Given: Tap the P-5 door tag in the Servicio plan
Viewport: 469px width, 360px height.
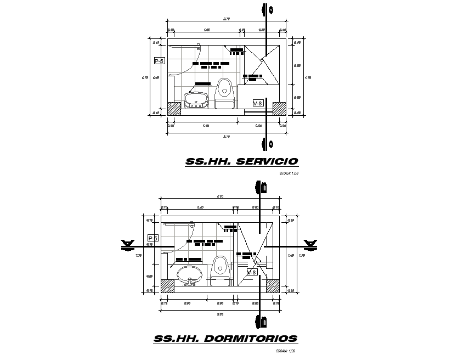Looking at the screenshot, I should pyautogui.click(x=159, y=61).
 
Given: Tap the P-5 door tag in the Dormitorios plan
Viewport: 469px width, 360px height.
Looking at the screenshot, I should pyautogui.click(x=153, y=238).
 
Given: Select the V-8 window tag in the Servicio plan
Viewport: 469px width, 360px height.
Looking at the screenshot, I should pyautogui.click(x=258, y=103).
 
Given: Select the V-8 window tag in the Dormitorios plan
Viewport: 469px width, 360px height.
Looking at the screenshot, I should pyautogui.click(x=252, y=272).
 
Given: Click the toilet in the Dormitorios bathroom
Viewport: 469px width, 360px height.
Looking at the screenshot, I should pyautogui.click(x=220, y=271).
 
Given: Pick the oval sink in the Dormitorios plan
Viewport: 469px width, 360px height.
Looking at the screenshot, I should pyautogui.click(x=190, y=274).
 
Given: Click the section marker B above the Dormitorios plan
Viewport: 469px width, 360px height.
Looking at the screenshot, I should pyautogui.click(x=261, y=188).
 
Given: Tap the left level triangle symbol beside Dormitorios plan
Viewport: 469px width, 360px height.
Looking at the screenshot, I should pyautogui.click(x=128, y=244).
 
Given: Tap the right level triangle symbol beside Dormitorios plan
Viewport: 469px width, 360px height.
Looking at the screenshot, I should pyautogui.click(x=310, y=244).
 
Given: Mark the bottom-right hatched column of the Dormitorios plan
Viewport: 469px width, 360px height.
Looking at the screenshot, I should pyautogui.click(x=273, y=286).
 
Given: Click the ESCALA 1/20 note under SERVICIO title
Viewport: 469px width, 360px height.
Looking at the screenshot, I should pyautogui.click(x=289, y=174).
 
